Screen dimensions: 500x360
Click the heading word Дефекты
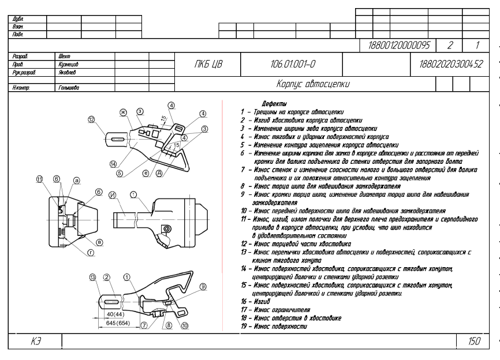pos(274,103)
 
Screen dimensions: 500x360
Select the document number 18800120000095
pos(399,45)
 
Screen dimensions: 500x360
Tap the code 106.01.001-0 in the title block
pos(293,65)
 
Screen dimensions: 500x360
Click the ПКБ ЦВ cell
pos(208,65)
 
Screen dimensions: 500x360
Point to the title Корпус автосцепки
pos(313,84)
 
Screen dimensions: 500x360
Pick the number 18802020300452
pos(451,65)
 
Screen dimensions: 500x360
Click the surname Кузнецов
pos(68,65)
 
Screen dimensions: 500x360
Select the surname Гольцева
pos(69,88)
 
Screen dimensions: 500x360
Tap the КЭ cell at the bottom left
pos(35,342)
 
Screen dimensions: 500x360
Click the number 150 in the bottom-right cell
pos(474,341)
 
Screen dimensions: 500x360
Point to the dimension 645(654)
pos(118,323)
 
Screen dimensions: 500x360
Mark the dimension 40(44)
pos(115,314)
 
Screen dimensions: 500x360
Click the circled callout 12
pos(92,119)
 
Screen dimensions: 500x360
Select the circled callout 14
pos(113,164)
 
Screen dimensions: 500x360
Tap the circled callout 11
pos(39,179)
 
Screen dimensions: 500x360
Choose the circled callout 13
pos(92,277)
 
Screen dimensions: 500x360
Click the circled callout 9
pos(203,287)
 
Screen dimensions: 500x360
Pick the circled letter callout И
pos(112,195)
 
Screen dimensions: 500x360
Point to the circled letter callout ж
pos(123,112)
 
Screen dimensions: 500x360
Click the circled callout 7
pos(144,325)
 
